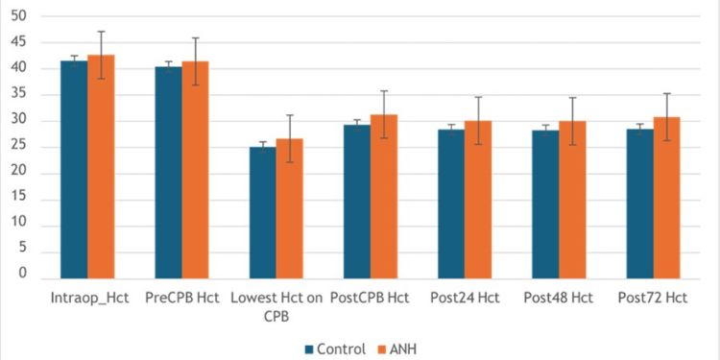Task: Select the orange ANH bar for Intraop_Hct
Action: [x=102, y=167]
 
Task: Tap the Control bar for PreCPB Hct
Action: [x=168, y=173]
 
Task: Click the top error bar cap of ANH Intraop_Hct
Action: [x=102, y=32]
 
